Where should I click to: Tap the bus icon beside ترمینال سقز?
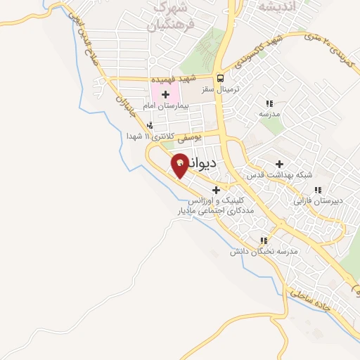[x=221, y=78]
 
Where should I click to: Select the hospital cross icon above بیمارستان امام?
[x=166, y=94]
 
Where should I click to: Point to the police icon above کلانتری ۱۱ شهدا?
[x=149, y=125]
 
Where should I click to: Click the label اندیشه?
[x=259, y=6]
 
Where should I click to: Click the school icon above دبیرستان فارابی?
[x=318, y=190]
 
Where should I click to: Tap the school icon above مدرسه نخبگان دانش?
[x=264, y=240]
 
